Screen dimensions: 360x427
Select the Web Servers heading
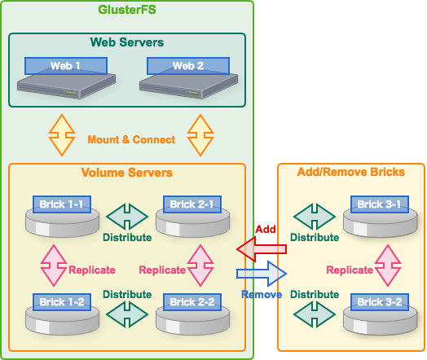coord(126,42)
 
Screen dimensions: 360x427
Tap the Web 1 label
coord(65,66)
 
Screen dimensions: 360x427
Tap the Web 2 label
coord(188,66)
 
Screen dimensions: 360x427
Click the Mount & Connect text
coord(131,139)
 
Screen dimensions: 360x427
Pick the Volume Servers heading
coord(126,173)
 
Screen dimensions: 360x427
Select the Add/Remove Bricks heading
coord(351,173)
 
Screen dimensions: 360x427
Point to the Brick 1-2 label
coord(63,302)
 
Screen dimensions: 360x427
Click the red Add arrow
coord(261,248)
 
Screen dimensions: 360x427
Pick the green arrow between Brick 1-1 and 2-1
coord(127,217)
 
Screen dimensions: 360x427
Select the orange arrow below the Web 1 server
coord(62,134)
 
